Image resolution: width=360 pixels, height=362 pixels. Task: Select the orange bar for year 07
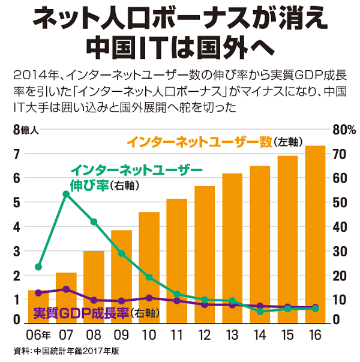click(x=66, y=297)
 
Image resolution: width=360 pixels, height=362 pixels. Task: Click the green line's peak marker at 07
click(x=66, y=194)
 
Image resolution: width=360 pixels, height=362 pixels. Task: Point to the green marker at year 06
click(x=38, y=267)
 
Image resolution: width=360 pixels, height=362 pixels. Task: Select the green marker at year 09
click(x=121, y=253)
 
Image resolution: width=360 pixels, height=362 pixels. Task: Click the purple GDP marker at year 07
click(x=66, y=289)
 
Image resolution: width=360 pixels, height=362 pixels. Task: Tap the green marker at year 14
click(x=260, y=312)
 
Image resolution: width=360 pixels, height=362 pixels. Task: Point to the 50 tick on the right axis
click(x=339, y=202)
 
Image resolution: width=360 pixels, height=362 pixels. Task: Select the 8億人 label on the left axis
click(x=25, y=130)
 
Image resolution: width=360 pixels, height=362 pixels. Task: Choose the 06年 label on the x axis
click(x=40, y=334)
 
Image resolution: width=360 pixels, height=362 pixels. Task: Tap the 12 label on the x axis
click(x=205, y=334)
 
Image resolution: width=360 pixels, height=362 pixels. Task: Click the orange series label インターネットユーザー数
click(x=199, y=142)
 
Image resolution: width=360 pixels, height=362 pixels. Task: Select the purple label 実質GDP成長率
click(x=81, y=313)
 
